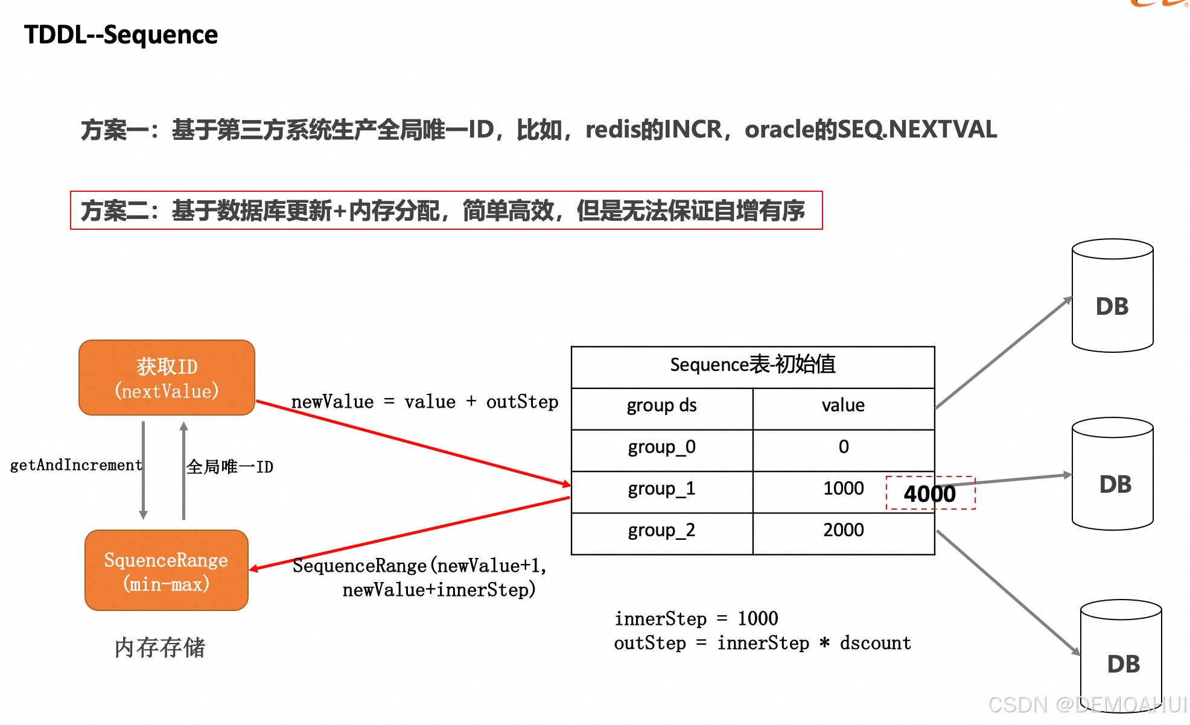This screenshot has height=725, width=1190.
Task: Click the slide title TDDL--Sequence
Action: [x=121, y=35]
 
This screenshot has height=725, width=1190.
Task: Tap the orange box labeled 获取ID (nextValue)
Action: [x=167, y=378]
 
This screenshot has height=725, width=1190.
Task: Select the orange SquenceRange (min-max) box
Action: [x=166, y=571]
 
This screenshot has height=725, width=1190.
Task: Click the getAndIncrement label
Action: [x=76, y=465]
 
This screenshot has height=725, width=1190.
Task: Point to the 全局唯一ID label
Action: [x=229, y=467]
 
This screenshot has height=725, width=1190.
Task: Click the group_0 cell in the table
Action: [x=661, y=447]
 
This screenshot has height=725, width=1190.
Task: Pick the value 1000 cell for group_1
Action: [x=843, y=489]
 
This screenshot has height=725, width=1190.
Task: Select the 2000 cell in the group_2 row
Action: [x=843, y=530]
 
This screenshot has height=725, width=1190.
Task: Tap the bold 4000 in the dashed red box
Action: [x=929, y=494]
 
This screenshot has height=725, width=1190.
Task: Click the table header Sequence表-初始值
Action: [x=752, y=365]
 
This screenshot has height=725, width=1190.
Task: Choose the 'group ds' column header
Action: [x=661, y=405]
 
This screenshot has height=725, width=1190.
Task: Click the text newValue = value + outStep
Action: [x=425, y=402]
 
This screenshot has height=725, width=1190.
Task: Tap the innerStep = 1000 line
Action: [x=696, y=619]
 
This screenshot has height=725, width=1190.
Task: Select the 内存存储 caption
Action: [x=160, y=648]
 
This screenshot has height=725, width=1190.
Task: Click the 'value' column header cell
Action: [x=843, y=405]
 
